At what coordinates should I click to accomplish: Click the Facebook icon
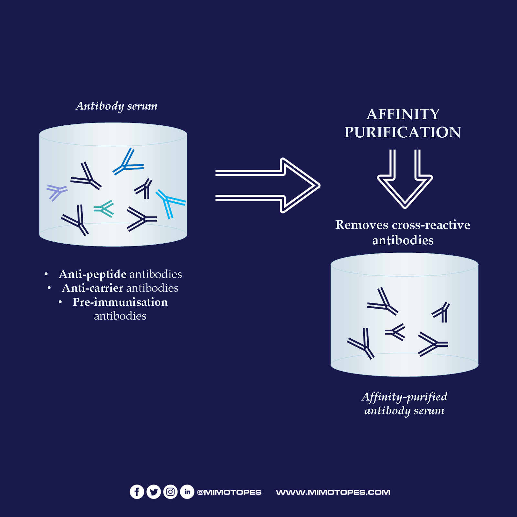137,492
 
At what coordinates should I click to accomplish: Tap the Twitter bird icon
153,492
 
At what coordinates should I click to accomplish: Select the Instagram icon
170,492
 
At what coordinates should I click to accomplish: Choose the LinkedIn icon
187,492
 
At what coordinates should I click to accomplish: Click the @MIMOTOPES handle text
229,492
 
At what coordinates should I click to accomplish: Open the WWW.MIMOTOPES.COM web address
333,492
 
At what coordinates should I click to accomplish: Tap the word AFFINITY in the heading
403,114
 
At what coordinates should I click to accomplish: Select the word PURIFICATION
403,132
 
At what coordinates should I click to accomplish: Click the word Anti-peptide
93,274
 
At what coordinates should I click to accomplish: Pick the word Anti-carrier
92,288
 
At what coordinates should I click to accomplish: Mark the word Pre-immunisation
120,302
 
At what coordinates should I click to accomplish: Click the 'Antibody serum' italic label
117,106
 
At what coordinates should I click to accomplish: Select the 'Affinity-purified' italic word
405,396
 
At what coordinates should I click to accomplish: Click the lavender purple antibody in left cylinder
56,192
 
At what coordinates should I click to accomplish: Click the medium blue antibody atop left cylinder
128,164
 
